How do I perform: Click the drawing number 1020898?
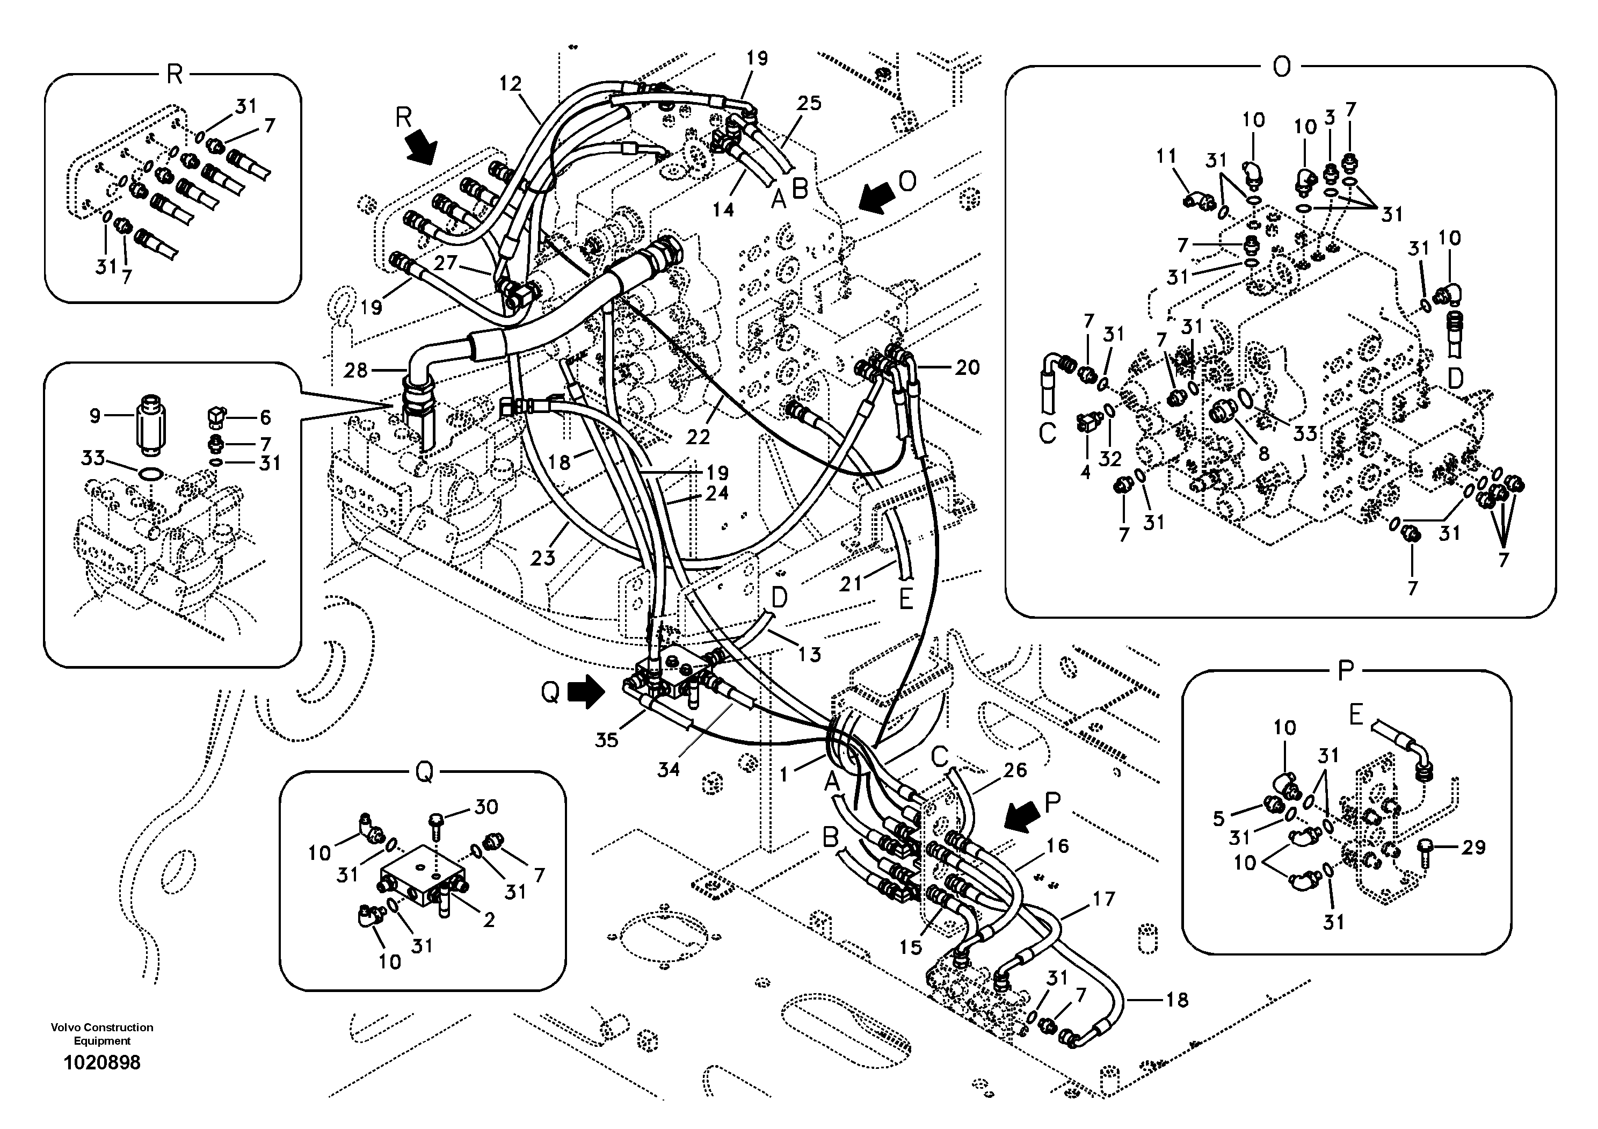click(101, 1062)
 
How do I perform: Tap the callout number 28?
click(355, 370)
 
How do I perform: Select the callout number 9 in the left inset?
click(96, 416)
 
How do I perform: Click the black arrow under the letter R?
click(422, 147)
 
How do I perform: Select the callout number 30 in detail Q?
click(486, 807)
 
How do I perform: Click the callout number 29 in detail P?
click(1473, 847)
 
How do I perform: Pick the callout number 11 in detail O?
click(1166, 157)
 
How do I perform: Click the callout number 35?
click(606, 740)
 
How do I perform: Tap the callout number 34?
click(668, 769)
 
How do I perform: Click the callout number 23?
click(543, 558)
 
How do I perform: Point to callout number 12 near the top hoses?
click(510, 84)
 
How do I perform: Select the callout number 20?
click(967, 367)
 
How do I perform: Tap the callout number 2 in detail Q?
click(489, 920)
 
